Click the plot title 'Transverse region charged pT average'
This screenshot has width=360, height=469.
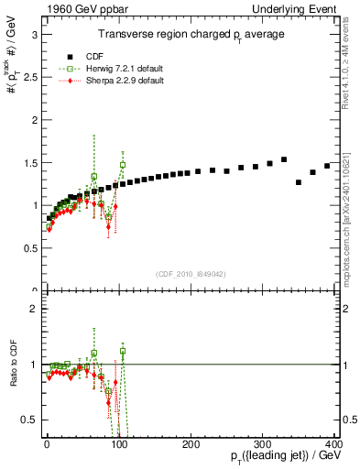tap(192, 34)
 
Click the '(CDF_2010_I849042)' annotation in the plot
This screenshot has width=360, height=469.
tap(191, 274)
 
